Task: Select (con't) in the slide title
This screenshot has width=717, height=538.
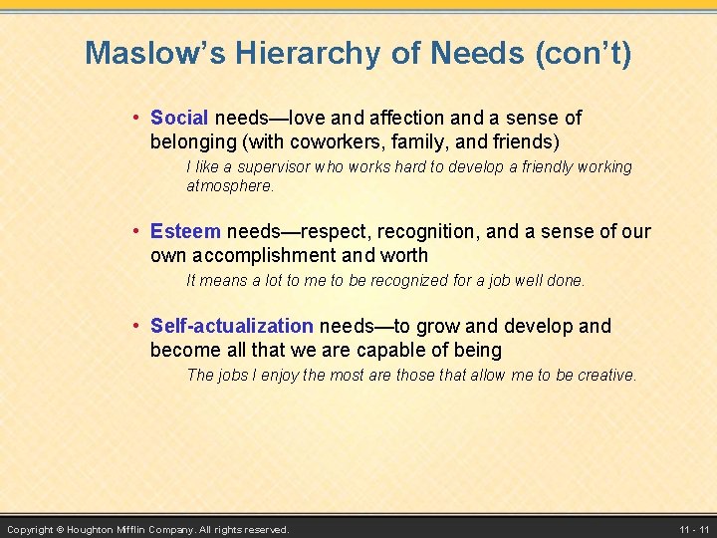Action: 583,53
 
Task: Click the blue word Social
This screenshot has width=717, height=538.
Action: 179,119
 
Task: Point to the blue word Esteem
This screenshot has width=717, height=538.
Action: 185,232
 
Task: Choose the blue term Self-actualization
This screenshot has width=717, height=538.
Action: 231,326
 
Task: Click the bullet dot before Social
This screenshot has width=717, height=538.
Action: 137,119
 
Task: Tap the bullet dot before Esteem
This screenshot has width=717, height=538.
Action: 137,232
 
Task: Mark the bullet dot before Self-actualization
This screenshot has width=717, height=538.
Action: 137,326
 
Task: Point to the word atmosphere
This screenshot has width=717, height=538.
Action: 229,186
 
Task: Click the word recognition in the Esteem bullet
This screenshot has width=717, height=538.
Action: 428,232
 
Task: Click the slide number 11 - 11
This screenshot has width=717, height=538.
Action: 694,529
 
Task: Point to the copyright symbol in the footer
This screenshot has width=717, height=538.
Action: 60,529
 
